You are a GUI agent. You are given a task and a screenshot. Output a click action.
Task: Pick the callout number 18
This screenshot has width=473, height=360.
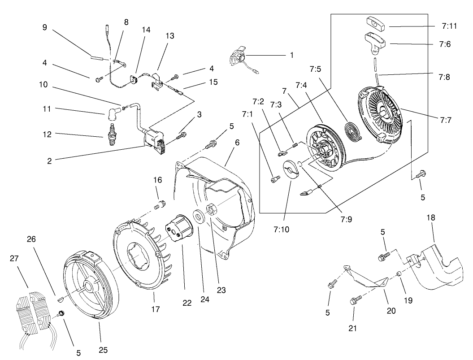tap(431, 217)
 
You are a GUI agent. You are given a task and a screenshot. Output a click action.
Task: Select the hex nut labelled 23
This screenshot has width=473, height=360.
tap(210, 209)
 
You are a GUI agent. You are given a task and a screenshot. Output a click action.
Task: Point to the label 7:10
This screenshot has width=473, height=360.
tap(281, 230)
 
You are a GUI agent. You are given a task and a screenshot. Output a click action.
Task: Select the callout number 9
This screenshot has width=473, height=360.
tap(44, 27)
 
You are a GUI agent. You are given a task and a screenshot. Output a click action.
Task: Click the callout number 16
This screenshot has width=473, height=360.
tap(157, 180)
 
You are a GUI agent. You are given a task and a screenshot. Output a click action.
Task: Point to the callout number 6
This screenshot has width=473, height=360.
tap(237, 143)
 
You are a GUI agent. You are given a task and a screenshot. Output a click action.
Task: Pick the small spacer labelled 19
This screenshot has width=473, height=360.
tap(398, 274)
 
